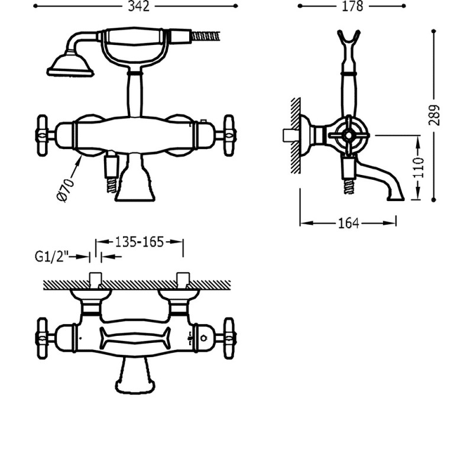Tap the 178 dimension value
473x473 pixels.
[x=352, y=6]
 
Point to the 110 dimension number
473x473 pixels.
[x=419, y=168]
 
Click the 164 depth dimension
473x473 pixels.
[x=348, y=223]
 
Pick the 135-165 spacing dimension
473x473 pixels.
[x=140, y=241]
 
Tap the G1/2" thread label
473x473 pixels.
[x=52, y=257]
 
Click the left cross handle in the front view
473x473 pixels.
[x=43, y=135]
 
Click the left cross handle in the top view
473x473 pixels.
[x=43, y=339]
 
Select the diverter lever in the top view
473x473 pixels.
[x=135, y=339]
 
